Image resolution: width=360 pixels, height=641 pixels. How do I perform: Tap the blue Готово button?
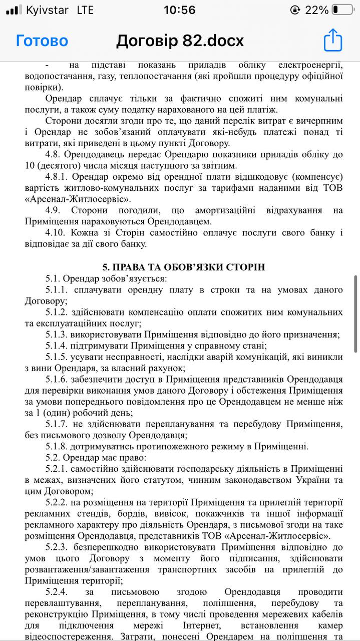pos(42,41)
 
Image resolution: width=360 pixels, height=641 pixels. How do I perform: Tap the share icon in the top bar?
pos(332,40)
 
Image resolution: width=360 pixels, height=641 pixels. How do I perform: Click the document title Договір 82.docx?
pos(180,41)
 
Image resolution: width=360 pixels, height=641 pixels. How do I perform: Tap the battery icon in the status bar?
pos(342,10)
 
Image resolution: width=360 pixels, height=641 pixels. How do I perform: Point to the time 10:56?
pos(180,10)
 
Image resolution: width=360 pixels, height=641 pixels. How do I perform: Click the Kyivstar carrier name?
pos(47,10)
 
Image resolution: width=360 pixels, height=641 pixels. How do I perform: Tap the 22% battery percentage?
pos(316,10)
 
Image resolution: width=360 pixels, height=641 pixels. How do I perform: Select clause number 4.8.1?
pos(57,176)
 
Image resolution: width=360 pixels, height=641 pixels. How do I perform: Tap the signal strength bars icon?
pos(14,10)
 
